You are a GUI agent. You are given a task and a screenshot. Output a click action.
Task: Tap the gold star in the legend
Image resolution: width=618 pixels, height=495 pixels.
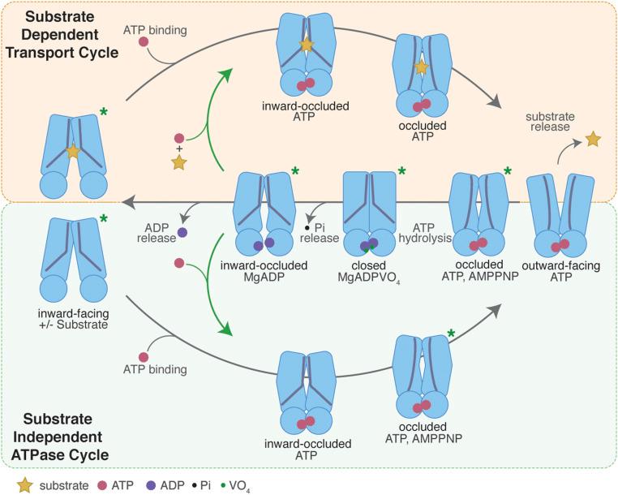pyautogui.click(x=11, y=484)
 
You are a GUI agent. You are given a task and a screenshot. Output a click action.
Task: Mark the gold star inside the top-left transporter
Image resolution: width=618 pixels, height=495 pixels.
pyautogui.click(x=73, y=152)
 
